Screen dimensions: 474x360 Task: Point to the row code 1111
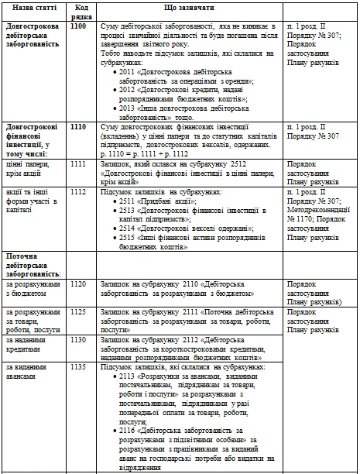pyautogui.click(x=77, y=164)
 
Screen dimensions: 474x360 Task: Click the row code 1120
pyautogui.click(x=77, y=284)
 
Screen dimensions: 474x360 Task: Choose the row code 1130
pyautogui.click(x=77, y=339)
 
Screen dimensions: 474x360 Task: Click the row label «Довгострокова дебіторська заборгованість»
pyautogui.click(x=34, y=36)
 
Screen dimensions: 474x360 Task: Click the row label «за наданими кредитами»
pyautogui.click(x=27, y=344)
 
